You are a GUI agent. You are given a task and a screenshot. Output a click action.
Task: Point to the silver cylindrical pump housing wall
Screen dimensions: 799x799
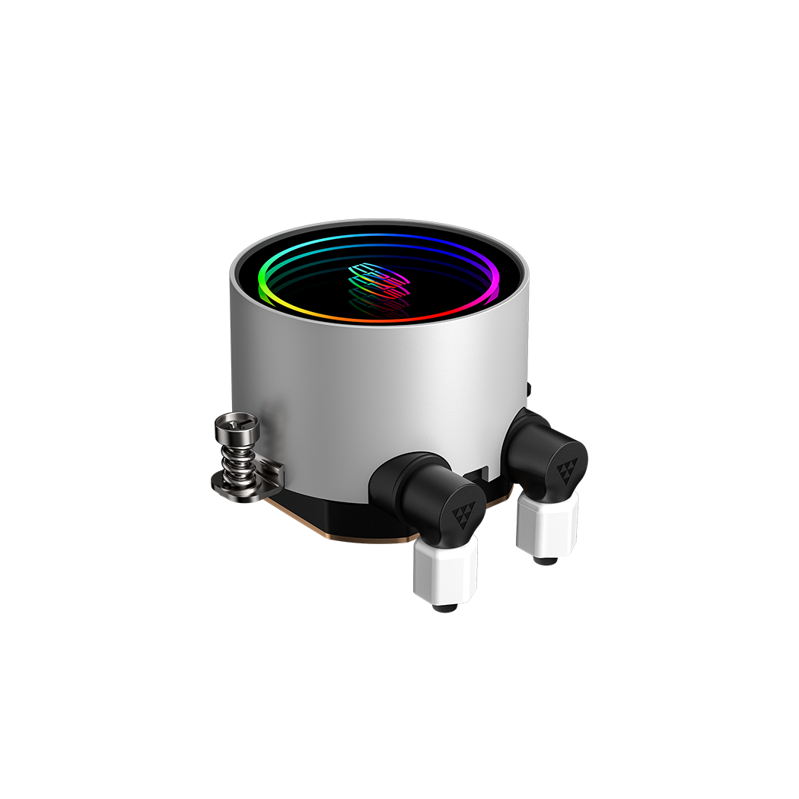tap(342, 388)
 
